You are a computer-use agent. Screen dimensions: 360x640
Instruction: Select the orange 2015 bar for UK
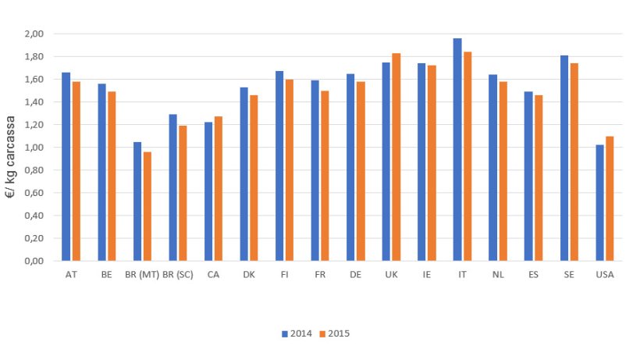tap(396, 157)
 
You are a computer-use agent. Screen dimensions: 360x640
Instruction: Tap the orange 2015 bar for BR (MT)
tap(148, 206)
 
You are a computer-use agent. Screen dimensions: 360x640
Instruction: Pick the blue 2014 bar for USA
tap(599, 203)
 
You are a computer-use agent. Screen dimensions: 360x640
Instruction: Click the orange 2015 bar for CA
tap(219, 189)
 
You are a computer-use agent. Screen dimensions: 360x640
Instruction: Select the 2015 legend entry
tap(336, 333)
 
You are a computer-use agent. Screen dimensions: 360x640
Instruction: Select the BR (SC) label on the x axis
tap(178, 275)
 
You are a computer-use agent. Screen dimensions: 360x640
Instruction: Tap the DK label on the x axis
tap(248, 275)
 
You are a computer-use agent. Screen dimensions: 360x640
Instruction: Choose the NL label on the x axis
tap(498, 275)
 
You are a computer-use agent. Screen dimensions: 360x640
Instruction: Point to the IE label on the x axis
tap(427, 275)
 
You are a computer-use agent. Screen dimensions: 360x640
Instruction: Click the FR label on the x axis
tap(320, 275)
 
